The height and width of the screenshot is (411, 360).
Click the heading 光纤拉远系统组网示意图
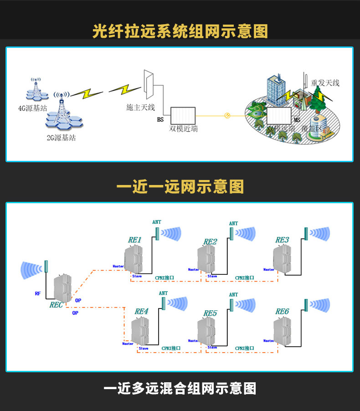pyautogui.click(x=180, y=31)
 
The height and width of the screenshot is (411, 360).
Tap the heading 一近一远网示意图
pyautogui.click(x=180, y=186)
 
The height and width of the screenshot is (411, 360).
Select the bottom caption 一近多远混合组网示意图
pyautogui.click(x=180, y=388)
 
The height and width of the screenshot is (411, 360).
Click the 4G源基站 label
pyautogui.click(x=32, y=108)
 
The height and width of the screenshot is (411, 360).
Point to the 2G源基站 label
pyautogui.click(x=61, y=137)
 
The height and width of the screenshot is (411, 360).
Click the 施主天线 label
pyautogui.click(x=141, y=108)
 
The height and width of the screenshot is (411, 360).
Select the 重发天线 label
pyautogui.click(x=325, y=83)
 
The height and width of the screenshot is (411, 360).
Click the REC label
pyautogui.click(x=56, y=305)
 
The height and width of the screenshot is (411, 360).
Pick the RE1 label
pyautogui.click(x=135, y=240)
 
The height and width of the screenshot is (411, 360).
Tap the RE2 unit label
pyautogui.click(x=210, y=241)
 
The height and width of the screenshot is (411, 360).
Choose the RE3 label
pyautogui.click(x=282, y=240)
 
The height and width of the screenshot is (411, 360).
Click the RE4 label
pyautogui.click(x=141, y=312)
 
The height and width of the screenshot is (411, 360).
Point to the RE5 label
pyautogui.click(x=210, y=313)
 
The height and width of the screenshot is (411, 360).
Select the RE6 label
pyautogui.click(x=282, y=312)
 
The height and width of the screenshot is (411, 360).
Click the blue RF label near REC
pyautogui.click(x=37, y=293)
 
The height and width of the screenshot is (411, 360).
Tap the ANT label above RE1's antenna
pyautogui.click(x=157, y=222)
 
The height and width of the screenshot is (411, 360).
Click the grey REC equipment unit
pyautogui.click(x=62, y=287)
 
